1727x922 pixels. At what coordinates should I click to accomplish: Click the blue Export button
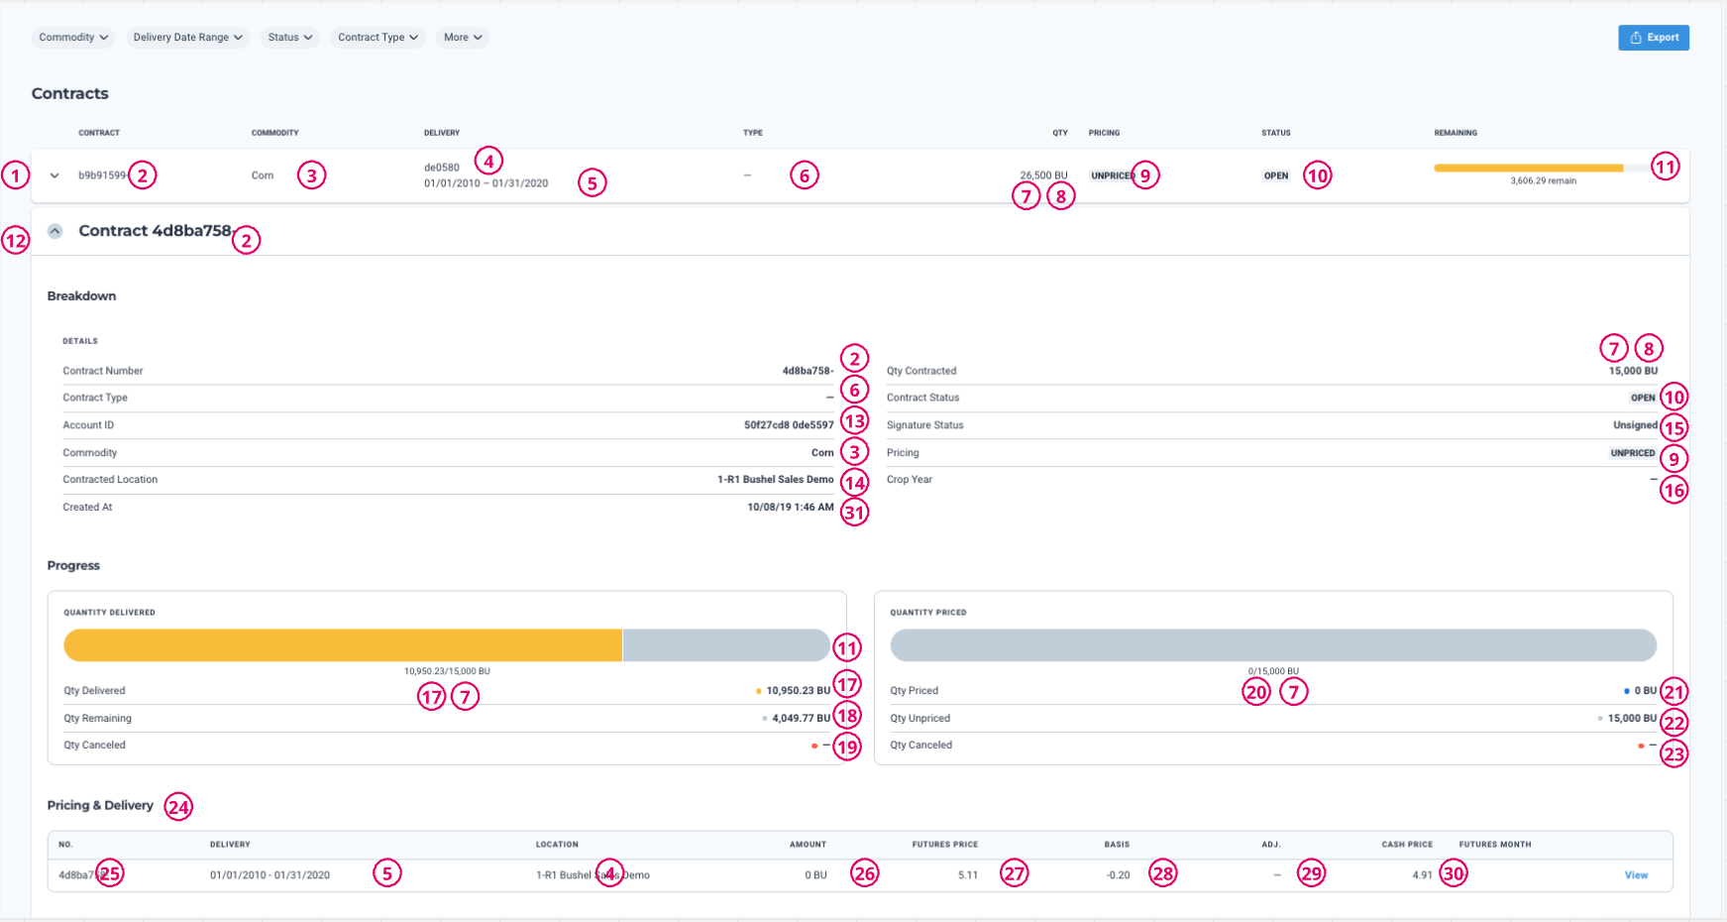1653,38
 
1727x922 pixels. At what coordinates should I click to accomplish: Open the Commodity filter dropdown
73,38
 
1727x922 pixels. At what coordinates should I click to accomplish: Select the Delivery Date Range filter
187,38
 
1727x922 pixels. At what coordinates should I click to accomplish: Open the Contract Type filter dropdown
378,38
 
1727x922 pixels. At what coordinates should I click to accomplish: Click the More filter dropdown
463,38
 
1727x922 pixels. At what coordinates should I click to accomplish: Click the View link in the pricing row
1636,875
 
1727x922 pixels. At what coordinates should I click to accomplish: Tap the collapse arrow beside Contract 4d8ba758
55,231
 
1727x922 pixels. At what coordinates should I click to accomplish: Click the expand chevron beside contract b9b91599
54,175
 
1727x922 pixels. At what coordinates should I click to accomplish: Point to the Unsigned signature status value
1635,425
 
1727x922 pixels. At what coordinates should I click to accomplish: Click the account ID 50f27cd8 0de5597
789,425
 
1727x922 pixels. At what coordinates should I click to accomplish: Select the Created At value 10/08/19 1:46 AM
790,508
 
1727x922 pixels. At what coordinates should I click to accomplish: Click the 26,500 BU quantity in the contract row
1043,175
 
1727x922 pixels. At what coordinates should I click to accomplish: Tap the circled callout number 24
178,807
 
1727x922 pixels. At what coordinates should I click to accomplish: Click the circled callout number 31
854,513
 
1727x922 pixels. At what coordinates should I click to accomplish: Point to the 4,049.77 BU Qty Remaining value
801,719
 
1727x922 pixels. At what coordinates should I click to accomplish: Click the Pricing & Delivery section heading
100,806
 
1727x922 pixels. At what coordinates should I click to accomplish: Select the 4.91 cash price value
1422,875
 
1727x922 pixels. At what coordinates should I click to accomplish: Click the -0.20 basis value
1118,875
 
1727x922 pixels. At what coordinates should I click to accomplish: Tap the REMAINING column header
1455,133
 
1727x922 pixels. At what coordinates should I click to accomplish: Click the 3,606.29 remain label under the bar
1543,181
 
